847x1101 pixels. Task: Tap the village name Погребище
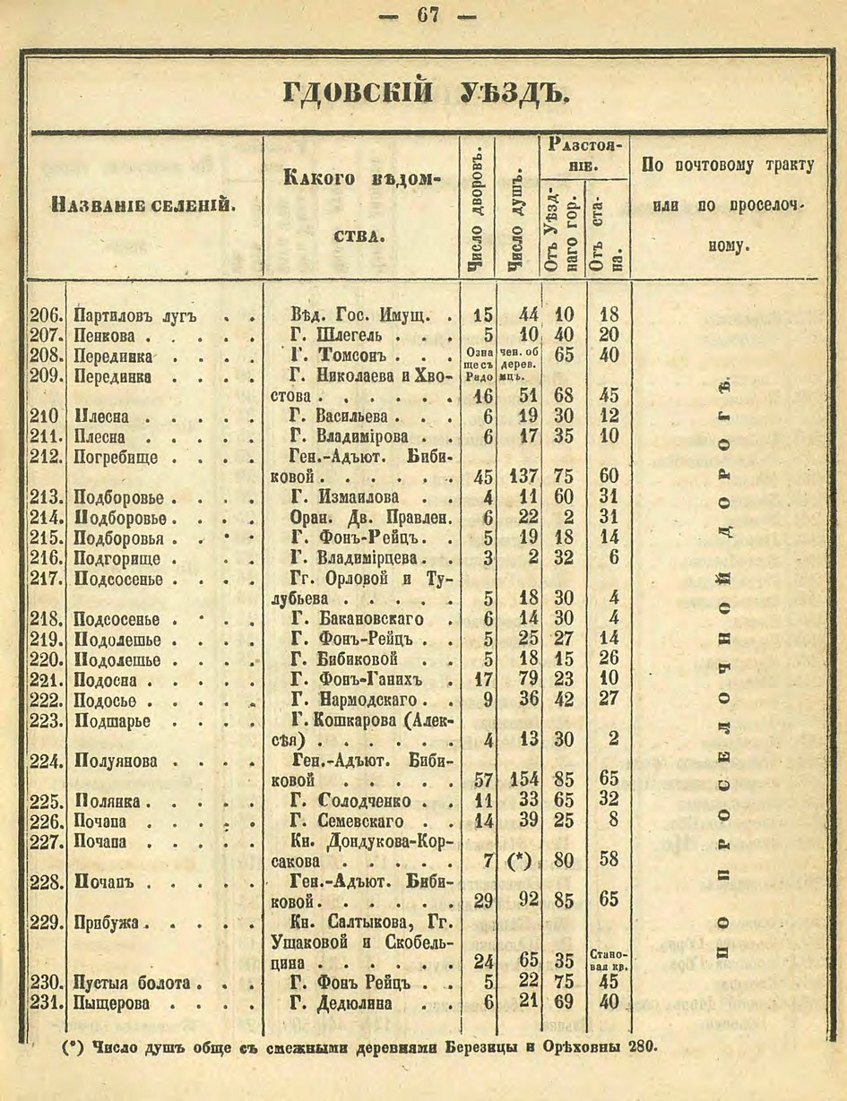tap(117, 458)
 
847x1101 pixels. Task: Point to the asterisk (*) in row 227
tap(520, 862)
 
